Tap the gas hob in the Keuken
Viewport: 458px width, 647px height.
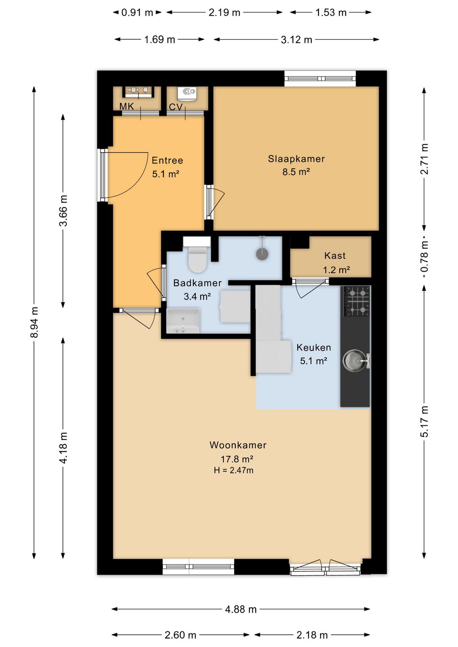(356, 301)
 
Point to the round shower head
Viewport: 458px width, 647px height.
(262, 254)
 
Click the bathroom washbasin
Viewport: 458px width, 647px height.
(183, 321)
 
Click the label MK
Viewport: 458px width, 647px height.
(126, 106)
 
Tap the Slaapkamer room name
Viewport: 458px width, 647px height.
(296, 159)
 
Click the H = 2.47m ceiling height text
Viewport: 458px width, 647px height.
(234, 471)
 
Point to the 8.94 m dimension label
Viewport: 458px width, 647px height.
(34, 322)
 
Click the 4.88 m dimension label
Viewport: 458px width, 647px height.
(241, 609)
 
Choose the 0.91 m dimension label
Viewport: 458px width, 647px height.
(137, 12)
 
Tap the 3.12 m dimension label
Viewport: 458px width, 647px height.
(296, 39)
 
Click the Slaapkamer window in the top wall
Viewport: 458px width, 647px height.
(320, 78)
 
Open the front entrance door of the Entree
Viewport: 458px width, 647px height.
(123, 175)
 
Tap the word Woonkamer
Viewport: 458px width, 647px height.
(238, 445)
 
